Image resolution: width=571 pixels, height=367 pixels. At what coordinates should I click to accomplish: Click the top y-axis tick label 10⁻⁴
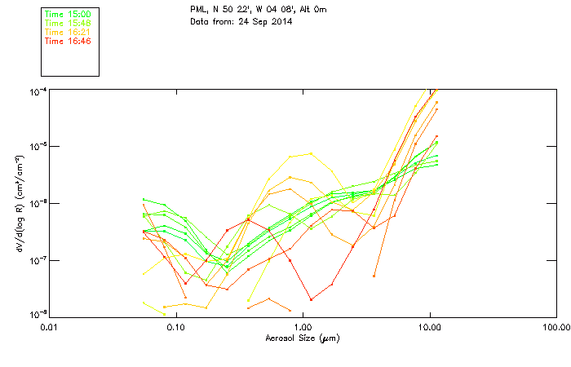pos(38,91)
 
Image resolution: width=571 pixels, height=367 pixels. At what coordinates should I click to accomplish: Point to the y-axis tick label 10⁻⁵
pos(38,147)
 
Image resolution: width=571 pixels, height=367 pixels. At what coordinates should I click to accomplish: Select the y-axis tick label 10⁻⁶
pos(38,203)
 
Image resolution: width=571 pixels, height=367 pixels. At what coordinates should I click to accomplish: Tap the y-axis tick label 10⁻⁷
pos(38,260)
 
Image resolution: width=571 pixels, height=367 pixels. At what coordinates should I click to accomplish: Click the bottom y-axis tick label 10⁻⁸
pos(38,315)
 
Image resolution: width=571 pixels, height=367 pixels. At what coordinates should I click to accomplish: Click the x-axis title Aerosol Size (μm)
pos(302,338)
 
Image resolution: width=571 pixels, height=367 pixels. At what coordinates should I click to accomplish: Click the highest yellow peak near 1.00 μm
pos(310,153)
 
